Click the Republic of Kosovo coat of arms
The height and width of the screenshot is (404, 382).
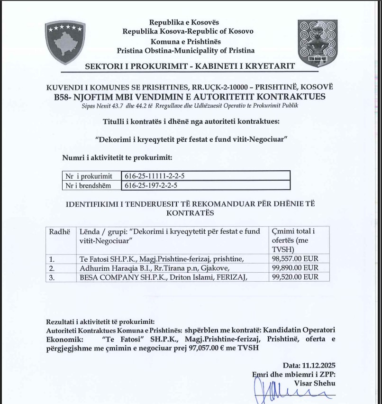coord(65,42)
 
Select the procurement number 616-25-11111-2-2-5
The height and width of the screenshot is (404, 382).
coord(155,176)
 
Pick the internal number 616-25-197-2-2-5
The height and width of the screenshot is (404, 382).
coord(151,185)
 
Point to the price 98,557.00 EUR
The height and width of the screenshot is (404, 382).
coord(295,258)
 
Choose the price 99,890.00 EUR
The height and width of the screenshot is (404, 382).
coord(295,268)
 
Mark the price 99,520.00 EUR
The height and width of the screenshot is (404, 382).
coord(295,277)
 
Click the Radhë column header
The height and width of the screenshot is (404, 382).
coord(59,231)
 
